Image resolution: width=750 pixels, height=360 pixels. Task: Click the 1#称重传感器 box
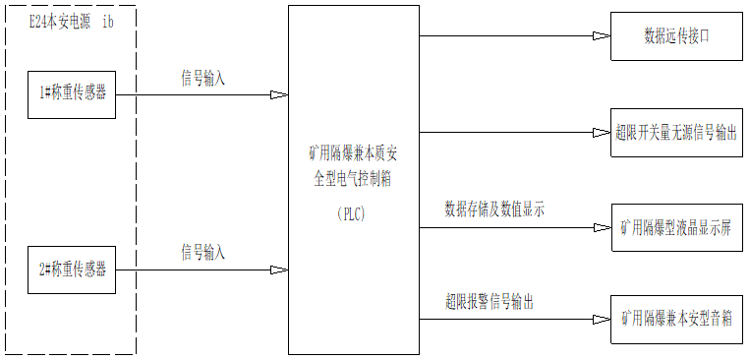tap(72, 93)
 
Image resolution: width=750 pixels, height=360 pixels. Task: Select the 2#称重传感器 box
tap(72, 269)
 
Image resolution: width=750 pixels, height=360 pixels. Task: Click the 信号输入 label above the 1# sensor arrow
tap(202, 78)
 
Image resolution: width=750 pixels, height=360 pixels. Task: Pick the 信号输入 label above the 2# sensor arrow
tap(202, 253)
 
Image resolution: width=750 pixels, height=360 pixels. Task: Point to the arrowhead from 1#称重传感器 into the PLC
tap(279, 95)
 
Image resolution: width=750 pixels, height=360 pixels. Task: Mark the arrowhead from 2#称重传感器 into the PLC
tap(279, 270)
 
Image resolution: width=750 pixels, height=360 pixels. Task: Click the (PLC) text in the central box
tap(350, 214)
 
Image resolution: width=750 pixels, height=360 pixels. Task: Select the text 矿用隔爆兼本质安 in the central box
tap(353, 153)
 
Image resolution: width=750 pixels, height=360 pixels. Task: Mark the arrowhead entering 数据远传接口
tap(602, 36)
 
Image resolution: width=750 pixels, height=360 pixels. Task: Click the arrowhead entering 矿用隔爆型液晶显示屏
tap(602, 228)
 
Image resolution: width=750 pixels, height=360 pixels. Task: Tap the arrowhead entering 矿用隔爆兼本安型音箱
tap(602, 319)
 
